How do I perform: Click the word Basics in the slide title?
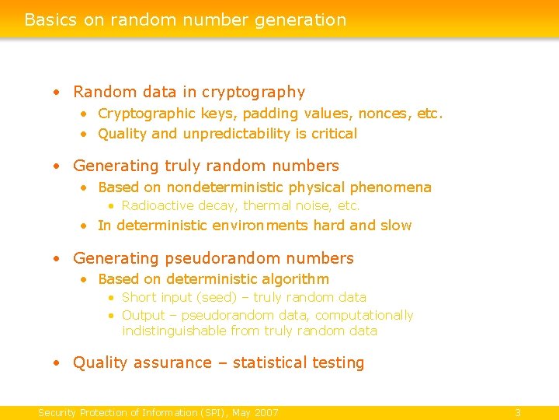[x=50, y=19]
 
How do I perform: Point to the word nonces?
[x=385, y=114]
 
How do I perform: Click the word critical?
[x=334, y=134]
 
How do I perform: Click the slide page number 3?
[x=518, y=412]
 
